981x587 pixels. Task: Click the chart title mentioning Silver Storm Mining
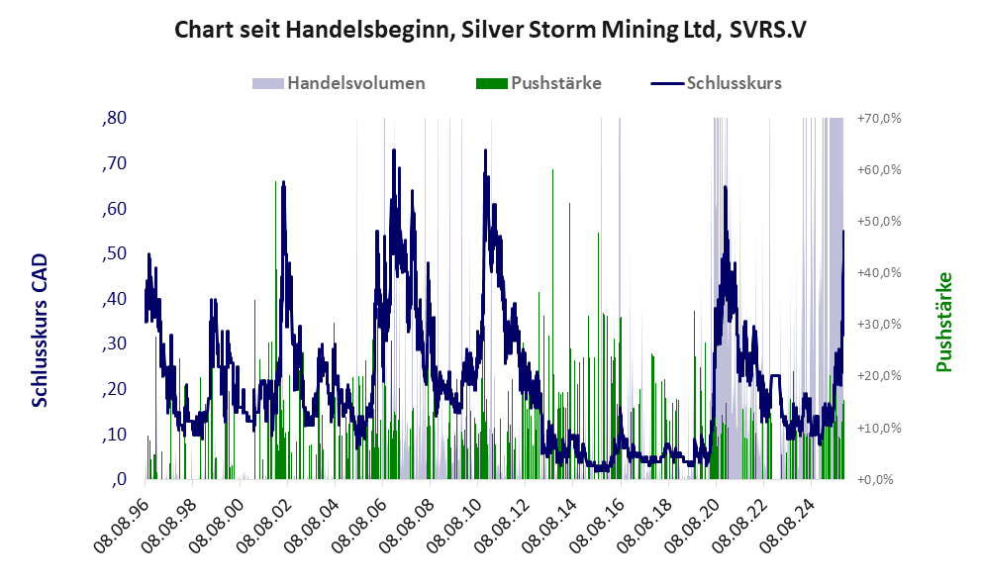pos(490,29)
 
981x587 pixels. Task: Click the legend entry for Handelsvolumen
pos(355,83)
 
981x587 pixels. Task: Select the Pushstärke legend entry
pos(553,83)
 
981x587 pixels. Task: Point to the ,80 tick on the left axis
pos(113,118)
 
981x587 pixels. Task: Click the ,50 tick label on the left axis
pos(113,253)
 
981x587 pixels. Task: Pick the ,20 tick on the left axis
pos(113,389)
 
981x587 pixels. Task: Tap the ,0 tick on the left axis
pos(118,479)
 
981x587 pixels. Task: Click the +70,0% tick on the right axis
pos(879,118)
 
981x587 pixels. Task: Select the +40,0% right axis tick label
pos(879,272)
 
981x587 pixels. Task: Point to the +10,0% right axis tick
pos(879,428)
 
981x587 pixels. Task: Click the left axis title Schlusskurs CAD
pos(41,331)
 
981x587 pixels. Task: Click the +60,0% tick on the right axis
pos(879,169)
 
